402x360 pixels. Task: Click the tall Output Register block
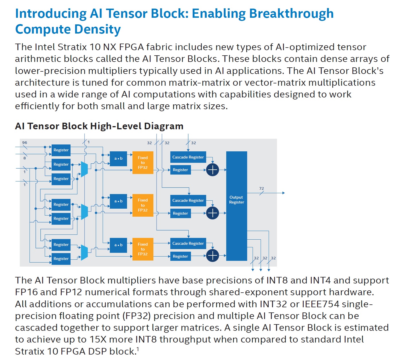pyautogui.click(x=237, y=206)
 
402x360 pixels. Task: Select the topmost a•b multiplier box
pyautogui.click(x=118, y=159)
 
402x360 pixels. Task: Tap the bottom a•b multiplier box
pyautogui.click(x=118, y=245)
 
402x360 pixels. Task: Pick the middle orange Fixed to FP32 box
pyautogui.click(x=143, y=205)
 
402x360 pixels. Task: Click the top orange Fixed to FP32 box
pyautogui.click(x=143, y=163)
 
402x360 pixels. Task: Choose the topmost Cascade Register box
pyautogui.click(x=188, y=157)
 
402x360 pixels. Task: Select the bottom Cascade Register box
pyautogui.click(x=188, y=243)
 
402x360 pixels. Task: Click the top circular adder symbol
pyautogui.click(x=212, y=170)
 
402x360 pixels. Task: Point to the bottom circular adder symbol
pyautogui.click(x=212, y=255)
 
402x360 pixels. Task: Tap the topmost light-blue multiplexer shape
pyautogui.click(x=84, y=169)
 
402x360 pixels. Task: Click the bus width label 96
pyautogui.click(x=25, y=142)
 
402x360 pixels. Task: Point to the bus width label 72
pyautogui.click(x=262, y=188)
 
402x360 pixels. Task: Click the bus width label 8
pyautogui.click(x=25, y=158)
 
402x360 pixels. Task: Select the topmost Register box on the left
pyautogui.click(x=61, y=150)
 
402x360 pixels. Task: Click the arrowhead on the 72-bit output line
pyautogui.click(x=283, y=193)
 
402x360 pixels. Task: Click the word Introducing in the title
pyautogui.click(x=51, y=14)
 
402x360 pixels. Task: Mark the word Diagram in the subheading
pyautogui.click(x=163, y=126)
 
